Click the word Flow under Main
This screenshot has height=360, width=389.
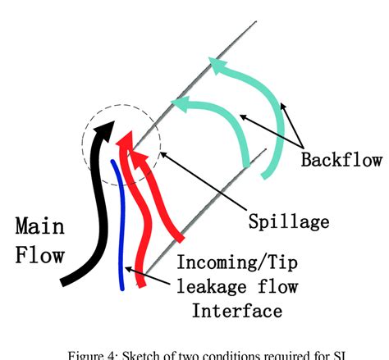[x=39, y=255]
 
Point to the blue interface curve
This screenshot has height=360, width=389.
[x=121, y=230]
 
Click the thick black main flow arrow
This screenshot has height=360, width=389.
[x=102, y=205]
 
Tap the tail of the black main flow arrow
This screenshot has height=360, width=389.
[x=66, y=282]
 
